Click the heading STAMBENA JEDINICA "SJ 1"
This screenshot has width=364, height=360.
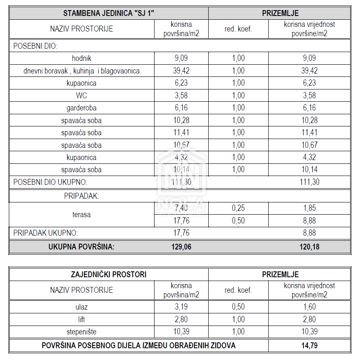pyautogui.click(x=109, y=13)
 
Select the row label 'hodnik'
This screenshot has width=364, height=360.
pyautogui.click(x=81, y=58)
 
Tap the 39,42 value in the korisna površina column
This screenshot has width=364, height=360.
pyautogui.click(x=181, y=71)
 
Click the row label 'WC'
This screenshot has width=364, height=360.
pyautogui.click(x=81, y=95)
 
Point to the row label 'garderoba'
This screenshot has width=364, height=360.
pyautogui.click(x=81, y=108)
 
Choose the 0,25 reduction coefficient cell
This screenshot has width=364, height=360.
pyautogui.click(x=238, y=208)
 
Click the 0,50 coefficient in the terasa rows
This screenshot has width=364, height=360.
pyautogui.click(x=238, y=220)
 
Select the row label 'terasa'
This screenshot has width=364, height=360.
pyautogui.click(x=81, y=215)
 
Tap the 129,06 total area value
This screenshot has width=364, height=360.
pyautogui.click(x=181, y=247)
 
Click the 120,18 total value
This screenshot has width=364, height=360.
pyautogui.click(x=309, y=247)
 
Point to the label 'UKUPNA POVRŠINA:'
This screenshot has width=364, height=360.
pyautogui.click(x=81, y=247)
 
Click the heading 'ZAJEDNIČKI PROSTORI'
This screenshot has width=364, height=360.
pyautogui.click(x=109, y=274)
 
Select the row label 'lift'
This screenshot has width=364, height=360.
pyautogui.click(x=81, y=319)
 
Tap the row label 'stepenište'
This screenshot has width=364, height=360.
pyautogui.click(x=81, y=332)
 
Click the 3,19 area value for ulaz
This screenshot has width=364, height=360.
pyautogui.click(x=181, y=307)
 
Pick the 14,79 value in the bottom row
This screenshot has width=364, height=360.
pyautogui.click(x=309, y=346)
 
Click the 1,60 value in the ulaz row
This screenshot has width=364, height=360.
pyautogui.click(x=309, y=307)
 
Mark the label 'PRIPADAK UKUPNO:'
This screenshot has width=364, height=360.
pyautogui.click(x=46, y=233)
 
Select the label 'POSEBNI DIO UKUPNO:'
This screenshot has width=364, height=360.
pyautogui.click(x=50, y=182)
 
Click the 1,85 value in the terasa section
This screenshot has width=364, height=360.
pyautogui.click(x=309, y=208)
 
